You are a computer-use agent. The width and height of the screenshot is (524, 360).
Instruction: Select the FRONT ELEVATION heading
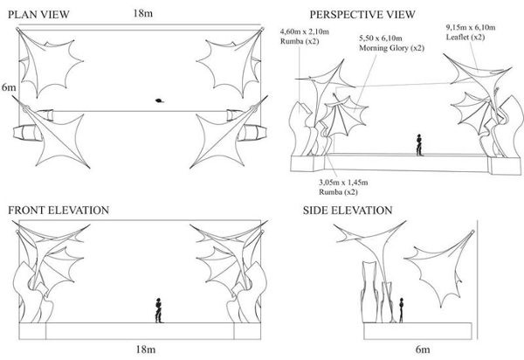[58, 211]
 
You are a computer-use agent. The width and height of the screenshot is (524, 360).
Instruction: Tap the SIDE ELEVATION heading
[347, 211]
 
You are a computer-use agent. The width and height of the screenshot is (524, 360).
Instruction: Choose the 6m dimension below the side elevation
[424, 350]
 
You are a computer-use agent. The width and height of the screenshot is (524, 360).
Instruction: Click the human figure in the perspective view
[420, 143]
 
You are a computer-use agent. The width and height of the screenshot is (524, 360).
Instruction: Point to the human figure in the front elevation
[158, 309]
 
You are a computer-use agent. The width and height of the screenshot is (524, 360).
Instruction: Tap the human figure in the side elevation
[401, 309]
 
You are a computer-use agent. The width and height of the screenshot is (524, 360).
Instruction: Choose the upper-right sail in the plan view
[229, 58]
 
